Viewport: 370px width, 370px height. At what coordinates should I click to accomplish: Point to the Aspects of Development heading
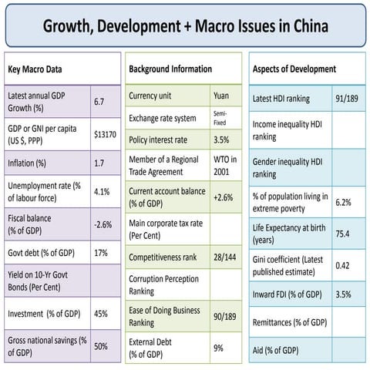pos(294,69)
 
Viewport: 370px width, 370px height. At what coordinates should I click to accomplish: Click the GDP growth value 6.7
pos(99,101)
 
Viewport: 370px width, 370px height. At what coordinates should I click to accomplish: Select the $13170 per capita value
pos(105,133)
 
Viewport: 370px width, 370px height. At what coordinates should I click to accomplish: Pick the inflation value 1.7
pos(99,163)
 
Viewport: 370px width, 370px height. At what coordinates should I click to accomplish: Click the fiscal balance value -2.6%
pos(103,224)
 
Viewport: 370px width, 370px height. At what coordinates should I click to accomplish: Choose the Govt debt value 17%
pos(100,253)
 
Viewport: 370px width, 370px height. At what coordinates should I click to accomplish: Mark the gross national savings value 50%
pos(100,346)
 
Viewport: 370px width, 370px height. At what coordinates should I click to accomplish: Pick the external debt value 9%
pos(218,348)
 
